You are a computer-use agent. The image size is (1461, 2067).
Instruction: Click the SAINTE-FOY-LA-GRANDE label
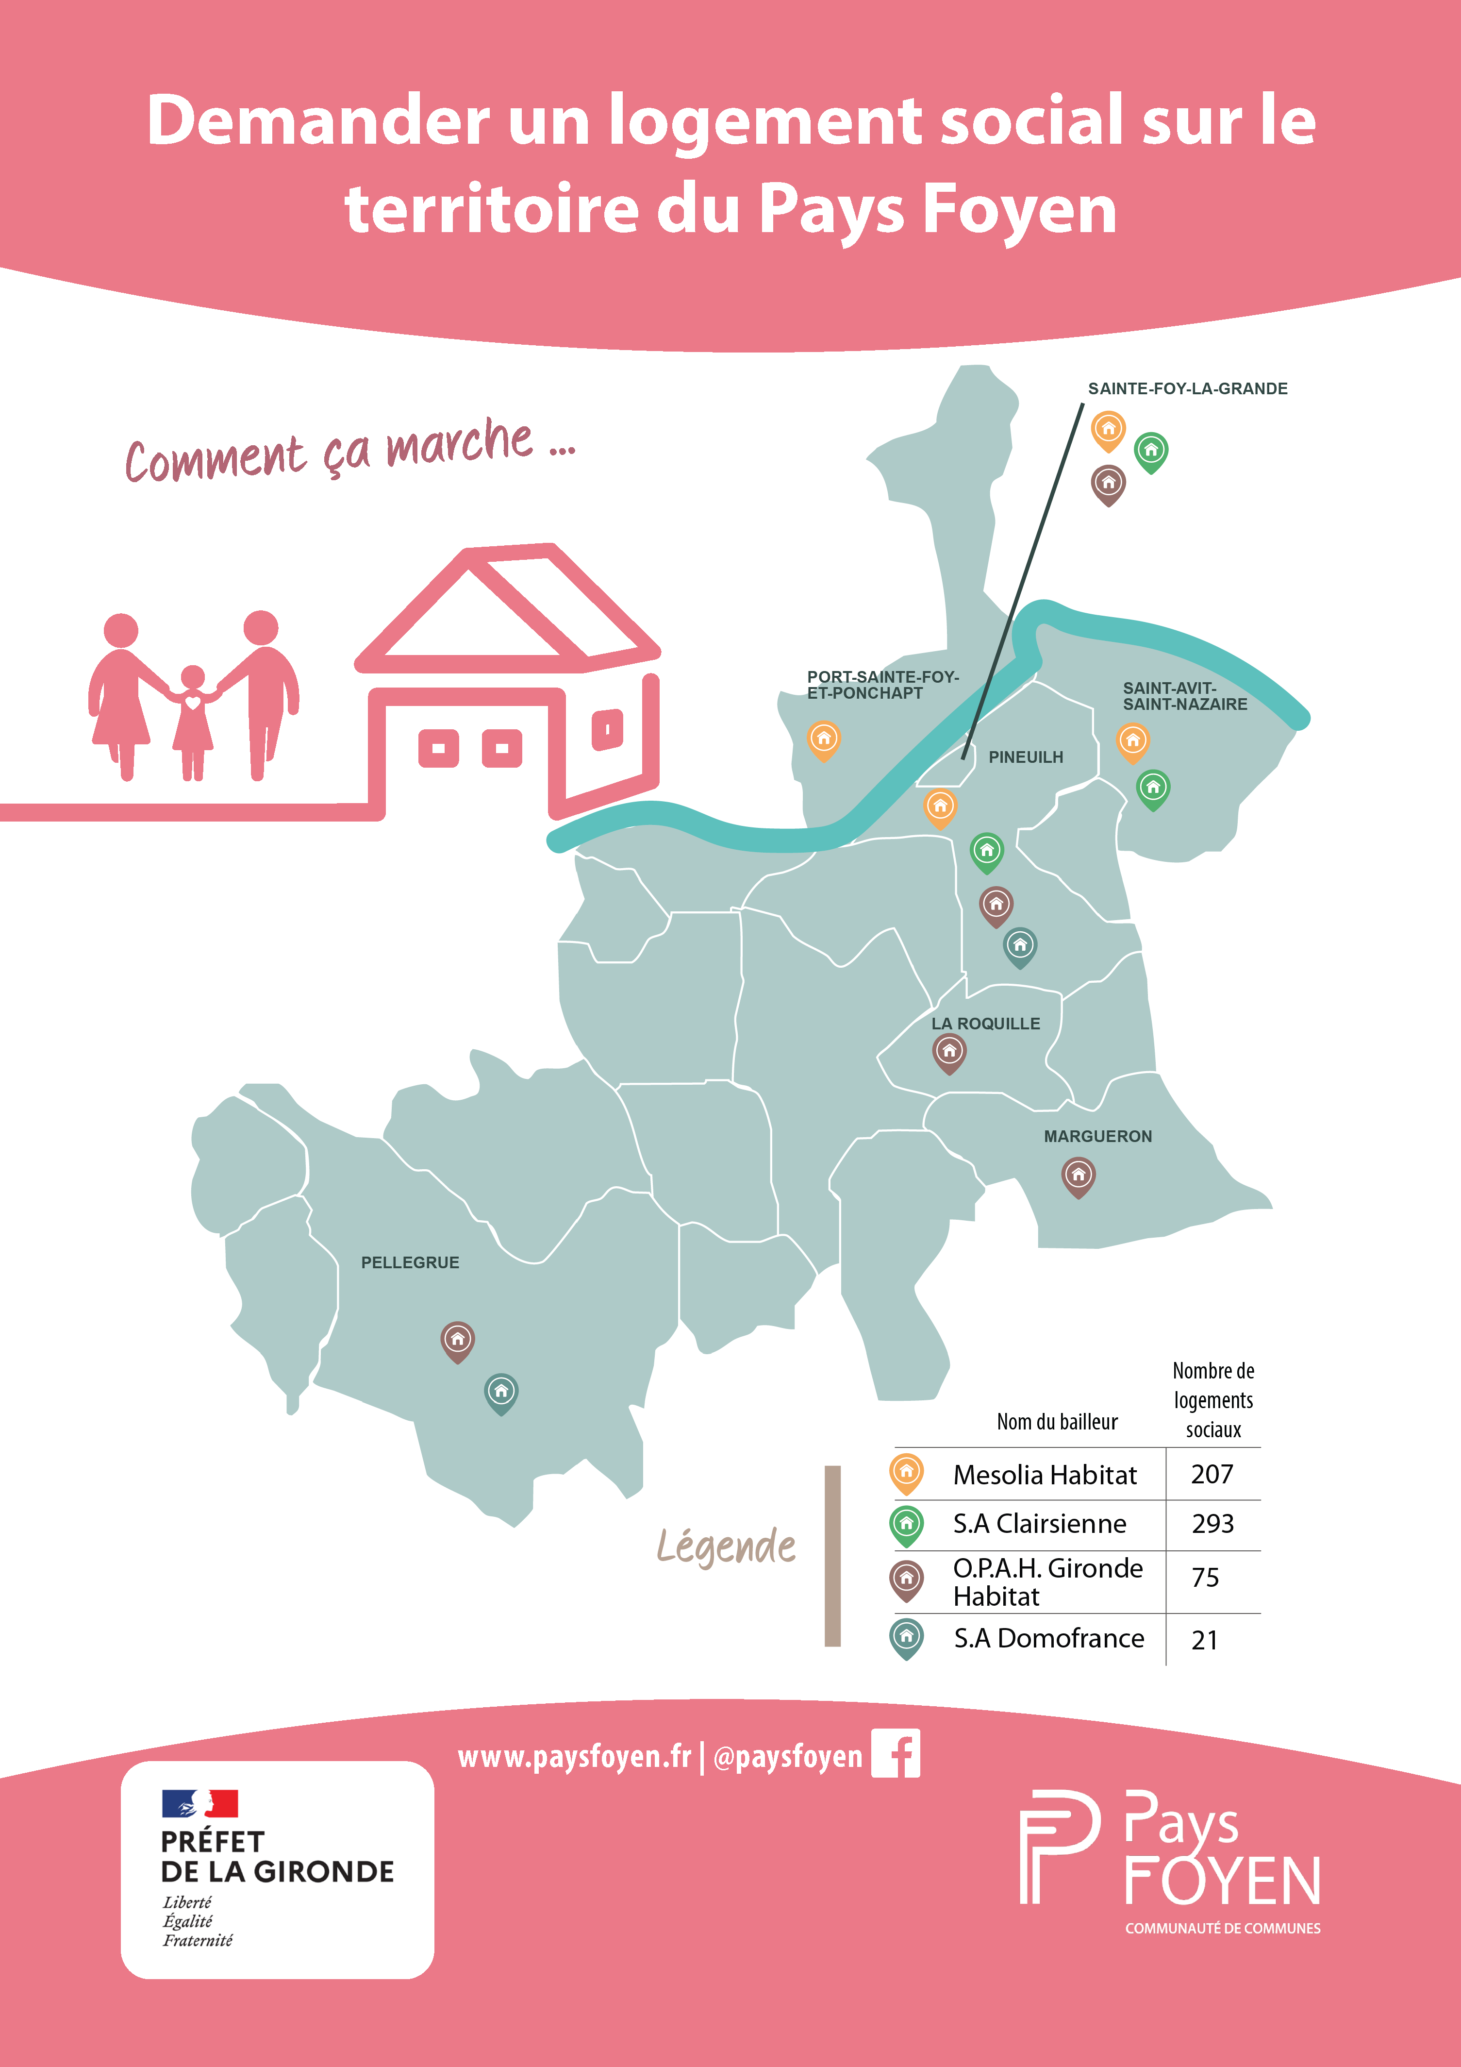pyautogui.click(x=1187, y=389)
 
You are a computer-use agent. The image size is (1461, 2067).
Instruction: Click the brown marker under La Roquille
pyautogui.click(x=949, y=1052)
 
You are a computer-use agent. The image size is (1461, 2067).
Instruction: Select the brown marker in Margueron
pyautogui.click(x=1078, y=1176)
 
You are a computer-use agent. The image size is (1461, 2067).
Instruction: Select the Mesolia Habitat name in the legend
pyautogui.click(x=1044, y=1475)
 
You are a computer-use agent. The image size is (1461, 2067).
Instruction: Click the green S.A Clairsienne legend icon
pyautogui.click(x=907, y=1524)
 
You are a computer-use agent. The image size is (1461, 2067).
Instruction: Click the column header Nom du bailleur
pyautogui.click(x=1057, y=1422)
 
